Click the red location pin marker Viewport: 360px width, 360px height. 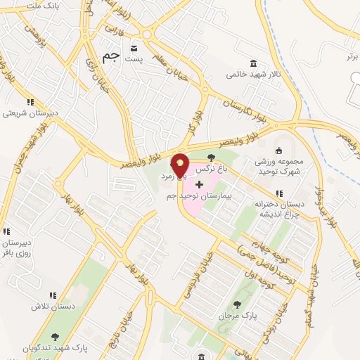click(x=180, y=166)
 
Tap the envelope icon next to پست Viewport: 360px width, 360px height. click(x=133, y=49)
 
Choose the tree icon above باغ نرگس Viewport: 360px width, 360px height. click(x=212, y=158)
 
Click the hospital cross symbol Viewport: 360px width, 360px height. click(x=199, y=185)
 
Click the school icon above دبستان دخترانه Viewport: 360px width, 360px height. click(x=279, y=193)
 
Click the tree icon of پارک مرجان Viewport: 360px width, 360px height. click(x=237, y=305)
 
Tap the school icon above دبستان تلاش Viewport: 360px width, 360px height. click(x=52, y=296)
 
